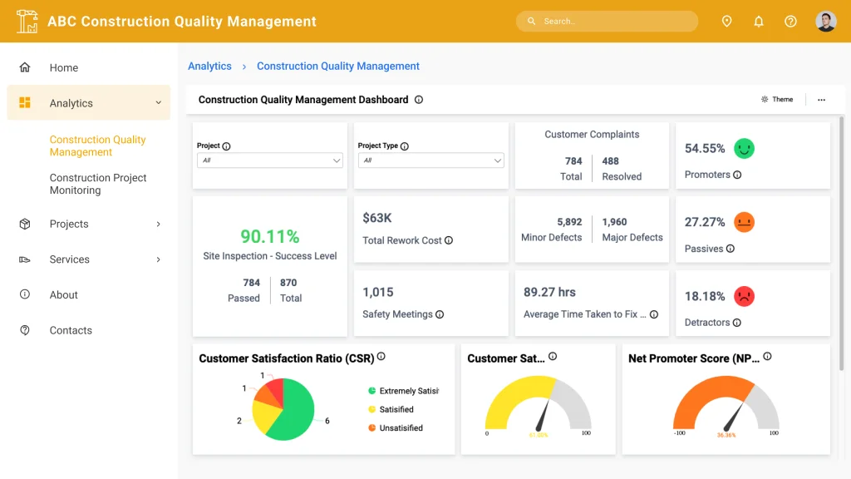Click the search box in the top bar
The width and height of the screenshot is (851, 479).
tap(607, 22)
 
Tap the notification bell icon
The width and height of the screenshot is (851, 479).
tap(759, 22)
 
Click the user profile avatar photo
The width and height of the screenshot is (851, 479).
tap(825, 22)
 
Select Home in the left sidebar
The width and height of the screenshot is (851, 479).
tap(63, 68)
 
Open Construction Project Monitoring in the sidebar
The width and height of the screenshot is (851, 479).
tap(97, 184)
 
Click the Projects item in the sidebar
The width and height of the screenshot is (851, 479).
tap(69, 224)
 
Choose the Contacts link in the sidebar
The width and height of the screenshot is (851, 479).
tap(71, 330)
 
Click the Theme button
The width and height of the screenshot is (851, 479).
tap(777, 100)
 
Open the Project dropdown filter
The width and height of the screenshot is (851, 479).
tap(269, 160)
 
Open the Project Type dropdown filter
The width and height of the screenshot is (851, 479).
tap(430, 160)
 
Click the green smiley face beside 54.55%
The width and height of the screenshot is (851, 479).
tap(744, 149)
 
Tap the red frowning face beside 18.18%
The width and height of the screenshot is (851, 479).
tap(744, 296)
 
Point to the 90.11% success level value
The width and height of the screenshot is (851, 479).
tap(269, 237)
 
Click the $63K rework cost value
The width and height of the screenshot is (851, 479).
tap(377, 218)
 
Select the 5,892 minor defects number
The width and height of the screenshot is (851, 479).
tap(569, 222)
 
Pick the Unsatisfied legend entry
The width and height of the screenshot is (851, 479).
tap(401, 428)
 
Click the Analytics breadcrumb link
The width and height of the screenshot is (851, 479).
tap(209, 67)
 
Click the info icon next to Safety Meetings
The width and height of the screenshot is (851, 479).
tap(440, 314)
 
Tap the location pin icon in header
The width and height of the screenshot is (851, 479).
tap(726, 22)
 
